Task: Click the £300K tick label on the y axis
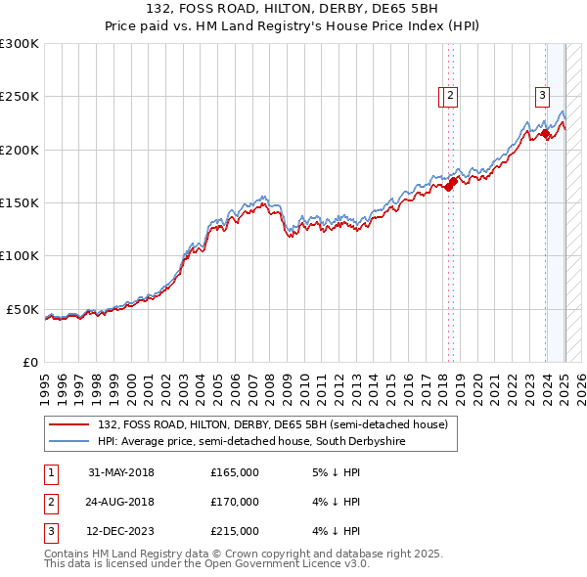[20, 44]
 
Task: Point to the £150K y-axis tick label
[20, 202]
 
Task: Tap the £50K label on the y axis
[23, 309]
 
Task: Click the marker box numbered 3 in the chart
[542, 95]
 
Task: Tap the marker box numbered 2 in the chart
[450, 95]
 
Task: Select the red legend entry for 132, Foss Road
[273, 424]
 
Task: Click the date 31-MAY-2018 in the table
[121, 472]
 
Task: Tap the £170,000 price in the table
[235, 502]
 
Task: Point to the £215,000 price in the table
[235, 532]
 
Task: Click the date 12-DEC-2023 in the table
[121, 532]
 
